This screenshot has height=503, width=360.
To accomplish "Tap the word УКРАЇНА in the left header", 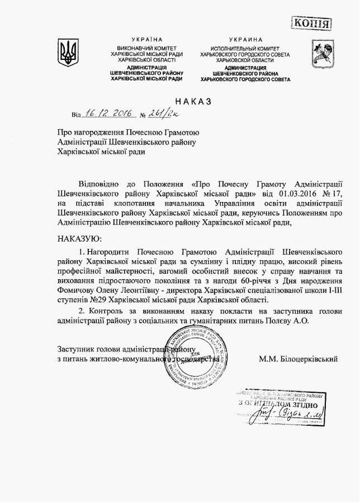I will click(x=147, y=40).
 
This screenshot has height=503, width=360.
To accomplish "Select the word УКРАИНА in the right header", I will click(x=245, y=40).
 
